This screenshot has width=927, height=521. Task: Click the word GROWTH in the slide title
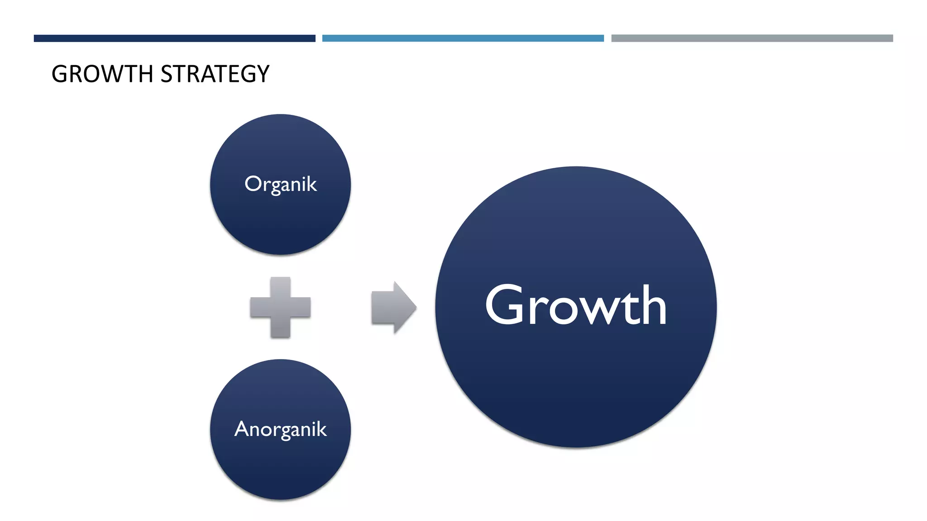click(102, 74)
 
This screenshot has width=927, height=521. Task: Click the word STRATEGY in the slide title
click(215, 74)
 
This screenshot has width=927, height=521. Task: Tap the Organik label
click(281, 185)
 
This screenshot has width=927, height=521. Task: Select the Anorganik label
click(281, 429)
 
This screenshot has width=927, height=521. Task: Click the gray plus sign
click(281, 308)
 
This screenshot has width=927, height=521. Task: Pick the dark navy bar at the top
click(174, 38)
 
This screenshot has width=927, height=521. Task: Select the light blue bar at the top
click(463, 38)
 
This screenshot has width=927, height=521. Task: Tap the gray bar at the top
click(752, 38)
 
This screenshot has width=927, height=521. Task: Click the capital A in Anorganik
click(242, 429)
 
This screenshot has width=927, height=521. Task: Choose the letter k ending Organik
click(311, 184)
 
